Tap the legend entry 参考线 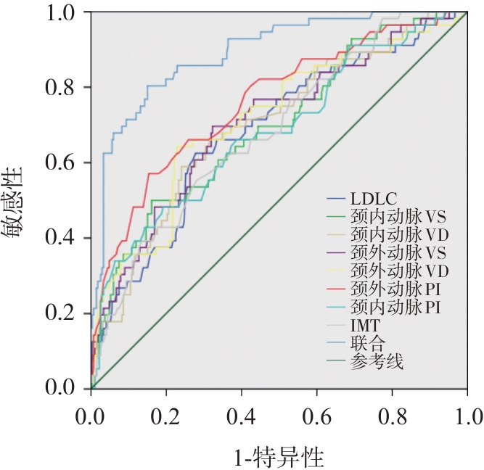pyautogui.click(x=377, y=360)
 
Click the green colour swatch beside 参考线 pyautogui.click(x=337, y=360)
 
